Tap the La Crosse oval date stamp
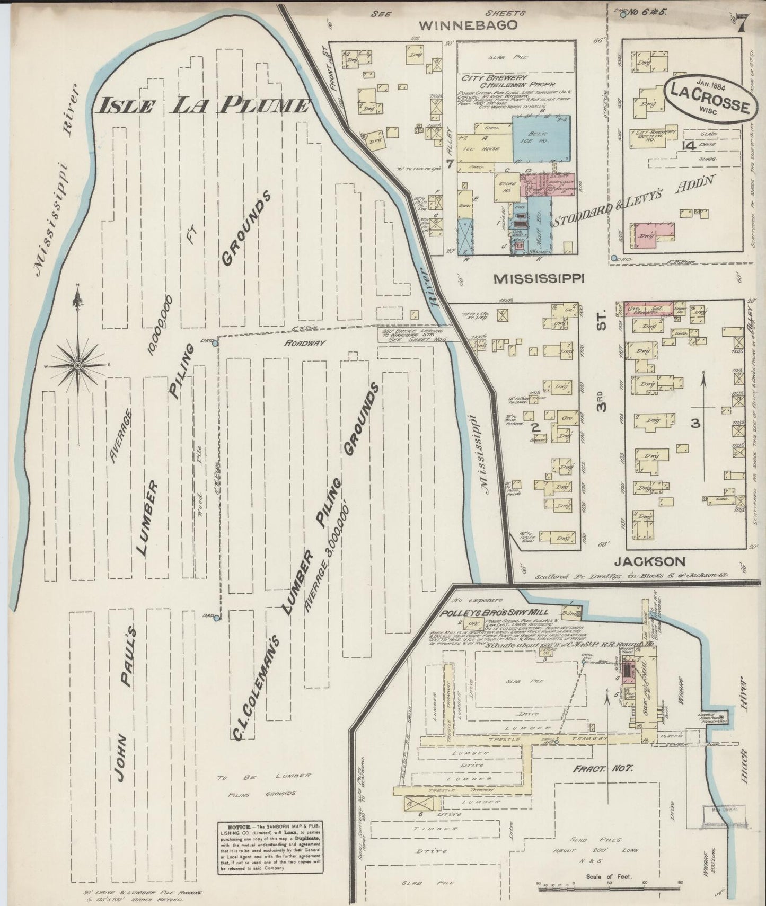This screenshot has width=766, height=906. click(709, 98)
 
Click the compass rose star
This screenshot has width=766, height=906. click(78, 366)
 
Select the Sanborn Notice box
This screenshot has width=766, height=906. click(269, 854)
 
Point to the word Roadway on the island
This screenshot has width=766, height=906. click(304, 343)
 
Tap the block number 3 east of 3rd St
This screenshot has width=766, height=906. click(695, 423)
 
